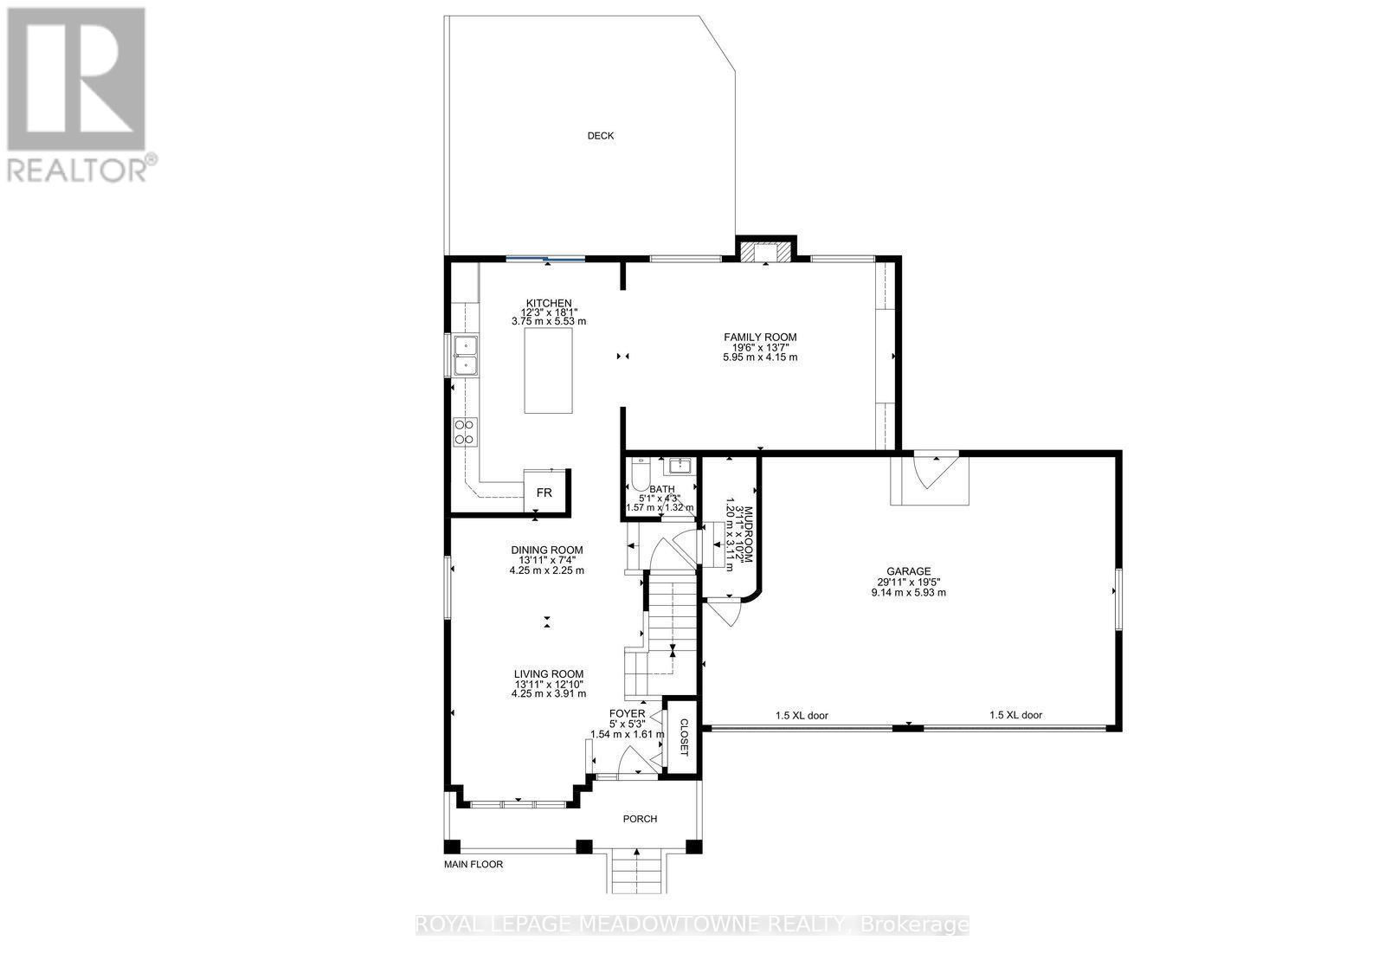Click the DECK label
601,136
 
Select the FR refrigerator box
544,493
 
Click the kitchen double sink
467,356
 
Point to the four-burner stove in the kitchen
465,431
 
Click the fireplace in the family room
765,251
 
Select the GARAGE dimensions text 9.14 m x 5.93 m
908,593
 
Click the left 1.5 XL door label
802,716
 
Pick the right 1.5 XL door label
1016,716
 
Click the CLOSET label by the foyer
683,736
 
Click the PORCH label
640,819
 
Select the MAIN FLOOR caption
473,865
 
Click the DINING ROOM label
546,550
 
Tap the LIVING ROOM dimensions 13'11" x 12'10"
548,685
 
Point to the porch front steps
637,871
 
